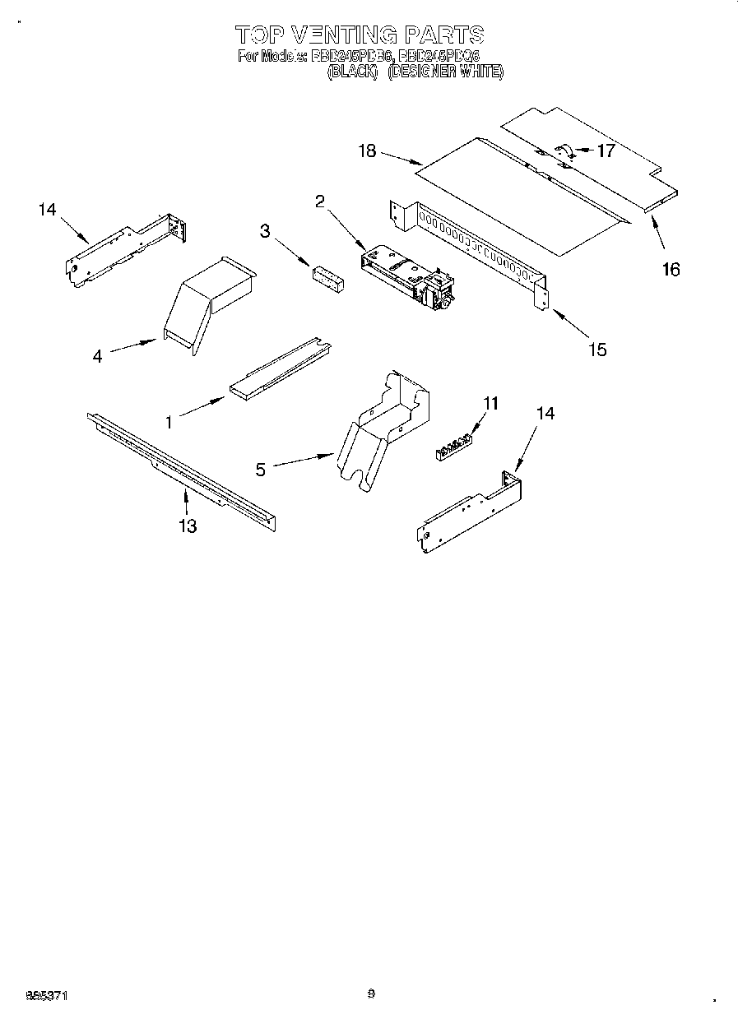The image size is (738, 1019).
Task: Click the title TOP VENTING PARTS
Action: click(360, 35)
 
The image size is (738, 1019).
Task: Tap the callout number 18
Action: click(367, 151)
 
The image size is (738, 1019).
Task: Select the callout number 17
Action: click(606, 151)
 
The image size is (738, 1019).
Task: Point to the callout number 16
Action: click(671, 269)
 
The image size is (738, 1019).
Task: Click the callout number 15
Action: click(598, 350)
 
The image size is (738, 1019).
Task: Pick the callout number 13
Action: click(188, 526)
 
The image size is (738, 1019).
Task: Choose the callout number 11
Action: click(491, 403)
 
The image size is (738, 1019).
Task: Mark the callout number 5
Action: click(261, 470)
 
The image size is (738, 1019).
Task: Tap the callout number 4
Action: click(98, 357)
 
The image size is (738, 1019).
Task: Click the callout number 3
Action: click(265, 231)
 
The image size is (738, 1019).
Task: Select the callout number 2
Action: click(320, 201)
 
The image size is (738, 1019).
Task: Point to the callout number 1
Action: click(169, 422)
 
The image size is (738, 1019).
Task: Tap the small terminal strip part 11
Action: click(455, 445)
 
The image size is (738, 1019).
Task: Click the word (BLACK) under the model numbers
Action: click(352, 72)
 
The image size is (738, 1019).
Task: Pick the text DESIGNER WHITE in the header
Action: click(445, 72)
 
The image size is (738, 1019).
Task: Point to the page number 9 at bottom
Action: click(371, 994)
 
